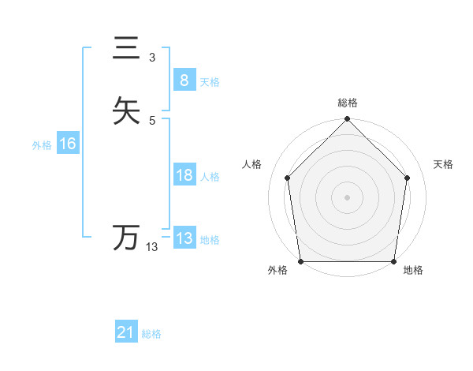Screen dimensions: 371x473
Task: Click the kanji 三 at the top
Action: click(x=126, y=49)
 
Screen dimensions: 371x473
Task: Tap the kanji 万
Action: click(x=126, y=237)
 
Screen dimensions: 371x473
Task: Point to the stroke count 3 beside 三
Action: click(x=152, y=58)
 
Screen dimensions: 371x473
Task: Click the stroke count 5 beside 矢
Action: click(x=152, y=120)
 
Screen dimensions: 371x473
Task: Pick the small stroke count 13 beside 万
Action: click(x=152, y=247)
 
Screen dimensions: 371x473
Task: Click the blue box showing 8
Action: click(x=184, y=81)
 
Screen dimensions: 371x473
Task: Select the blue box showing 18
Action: click(x=184, y=175)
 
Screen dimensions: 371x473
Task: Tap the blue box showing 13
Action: click(x=184, y=238)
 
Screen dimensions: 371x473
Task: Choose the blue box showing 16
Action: click(x=67, y=144)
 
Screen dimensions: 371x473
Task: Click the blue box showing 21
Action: click(x=126, y=333)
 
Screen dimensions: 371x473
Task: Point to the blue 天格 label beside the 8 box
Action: click(x=210, y=82)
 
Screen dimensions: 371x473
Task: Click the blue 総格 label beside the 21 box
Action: click(x=151, y=334)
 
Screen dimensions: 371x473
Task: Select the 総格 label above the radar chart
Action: click(x=348, y=103)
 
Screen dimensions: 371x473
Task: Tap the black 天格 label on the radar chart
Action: click(x=444, y=164)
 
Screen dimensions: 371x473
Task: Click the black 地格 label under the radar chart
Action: click(x=413, y=271)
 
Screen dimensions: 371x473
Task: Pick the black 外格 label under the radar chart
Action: click(x=277, y=271)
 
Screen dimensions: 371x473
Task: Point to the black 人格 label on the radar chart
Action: click(x=252, y=164)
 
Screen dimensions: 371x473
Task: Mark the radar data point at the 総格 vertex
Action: click(x=348, y=120)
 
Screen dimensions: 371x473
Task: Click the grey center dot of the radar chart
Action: click(x=348, y=197)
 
